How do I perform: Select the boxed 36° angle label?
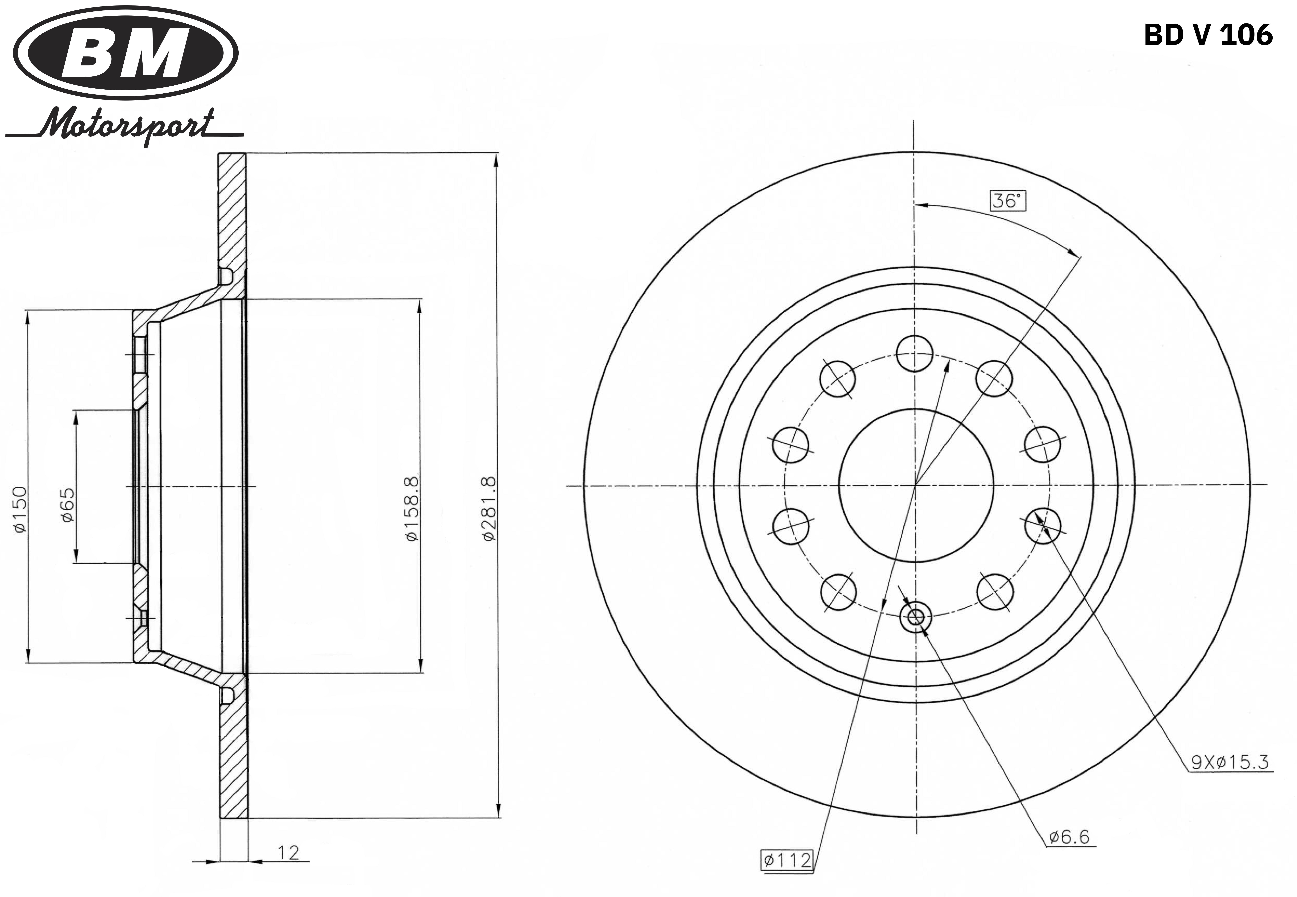coord(1007,201)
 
